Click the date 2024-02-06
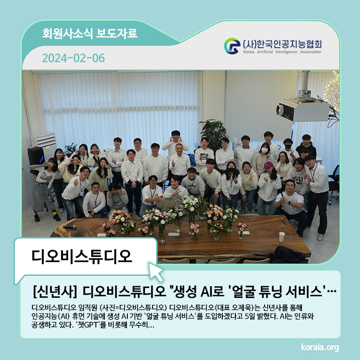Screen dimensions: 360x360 click(x=73, y=58)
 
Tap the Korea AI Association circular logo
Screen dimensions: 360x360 click(x=232, y=46)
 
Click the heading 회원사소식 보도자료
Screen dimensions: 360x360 click(x=90, y=33)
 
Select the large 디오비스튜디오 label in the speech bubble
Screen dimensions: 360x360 click(x=82, y=256)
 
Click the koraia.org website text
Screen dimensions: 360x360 click(x=320, y=347)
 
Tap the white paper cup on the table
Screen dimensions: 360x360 click(x=282, y=237)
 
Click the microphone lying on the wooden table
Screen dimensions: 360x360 click(x=70, y=226)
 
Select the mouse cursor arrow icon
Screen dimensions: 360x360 click(x=156, y=272)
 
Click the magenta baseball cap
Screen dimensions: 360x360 click(x=268, y=164)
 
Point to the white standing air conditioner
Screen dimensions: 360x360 click(x=44, y=143)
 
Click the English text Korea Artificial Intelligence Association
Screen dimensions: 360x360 click(x=282, y=52)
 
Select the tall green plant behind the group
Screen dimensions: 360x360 click(x=213, y=134)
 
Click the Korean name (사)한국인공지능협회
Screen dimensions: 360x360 click(x=282, y=44)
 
